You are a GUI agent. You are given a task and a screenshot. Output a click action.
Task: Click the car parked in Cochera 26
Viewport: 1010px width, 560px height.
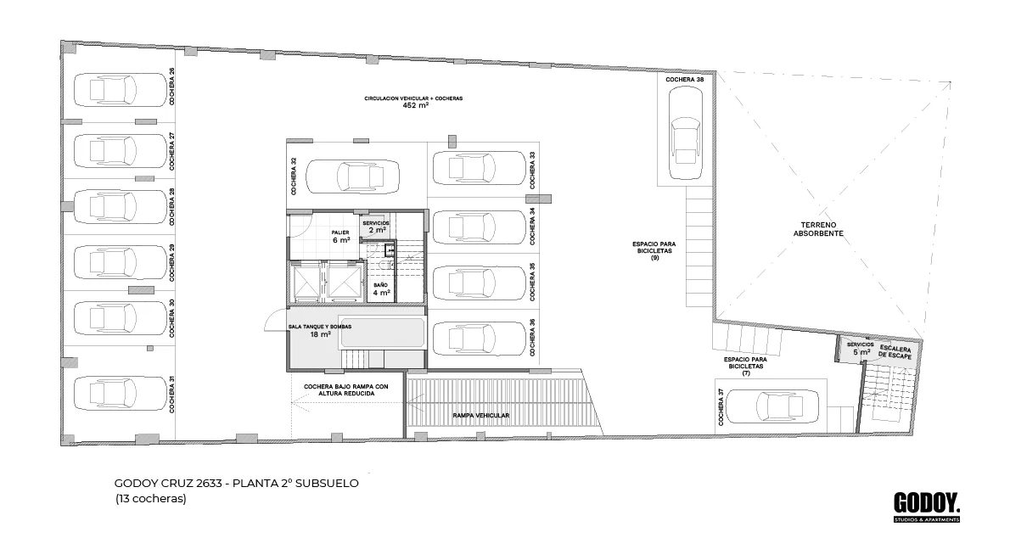point(121,89)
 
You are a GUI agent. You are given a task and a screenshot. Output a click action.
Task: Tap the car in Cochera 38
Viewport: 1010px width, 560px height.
point(685,132)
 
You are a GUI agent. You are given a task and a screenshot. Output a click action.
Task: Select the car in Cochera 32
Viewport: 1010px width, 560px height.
point(352,176)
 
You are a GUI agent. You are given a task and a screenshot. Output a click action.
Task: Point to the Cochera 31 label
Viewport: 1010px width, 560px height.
point(172,394)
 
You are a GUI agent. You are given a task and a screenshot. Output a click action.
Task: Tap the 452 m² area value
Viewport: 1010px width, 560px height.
point(416,105)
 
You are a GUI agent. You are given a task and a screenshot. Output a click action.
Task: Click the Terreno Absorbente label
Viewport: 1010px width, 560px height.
point(818,229)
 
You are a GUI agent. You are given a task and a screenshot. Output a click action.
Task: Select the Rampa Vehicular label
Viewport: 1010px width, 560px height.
point(480,416)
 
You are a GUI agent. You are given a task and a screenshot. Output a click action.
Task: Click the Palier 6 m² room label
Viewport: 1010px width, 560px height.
point(340,236)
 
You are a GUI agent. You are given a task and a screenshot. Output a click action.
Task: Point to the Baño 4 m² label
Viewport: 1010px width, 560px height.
point(381,289)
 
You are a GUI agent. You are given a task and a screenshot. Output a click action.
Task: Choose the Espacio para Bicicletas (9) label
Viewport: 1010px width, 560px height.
point(654,251)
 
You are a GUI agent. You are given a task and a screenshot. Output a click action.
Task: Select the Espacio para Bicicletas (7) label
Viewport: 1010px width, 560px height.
point(745,367)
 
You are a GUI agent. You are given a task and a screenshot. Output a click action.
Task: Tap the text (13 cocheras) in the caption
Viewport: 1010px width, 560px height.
point(151,498)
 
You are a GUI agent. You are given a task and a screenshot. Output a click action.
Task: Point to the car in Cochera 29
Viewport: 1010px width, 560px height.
point(121,263)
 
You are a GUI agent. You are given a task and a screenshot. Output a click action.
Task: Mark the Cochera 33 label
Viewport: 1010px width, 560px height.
point(533,170)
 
